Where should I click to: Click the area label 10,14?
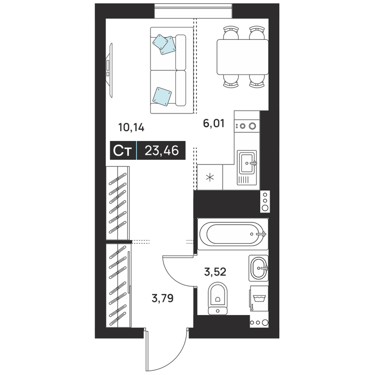pyautogui.click(x=131, y=127)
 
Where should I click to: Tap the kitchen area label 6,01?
pyautogui.click(x=214, y=124)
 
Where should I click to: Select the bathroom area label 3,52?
pyautogui.click(x=215, y=272)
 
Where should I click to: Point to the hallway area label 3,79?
pyautogui.click(x=163, y=298)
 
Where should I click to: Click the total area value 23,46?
pyautogui.click(x=162, y=150)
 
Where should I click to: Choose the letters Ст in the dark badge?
pyautogui.click(x=122, y=150)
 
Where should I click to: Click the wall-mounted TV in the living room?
pyautogui.click(x=109, y=70)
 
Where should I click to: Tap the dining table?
pyautogui.click(x=242, y=57)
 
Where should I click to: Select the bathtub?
pyautogui.click(x=232, y=234)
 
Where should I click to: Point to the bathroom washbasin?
pyautogui.click(x=258, y=268)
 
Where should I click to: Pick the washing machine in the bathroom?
pyautogui.click(x=259, y=299)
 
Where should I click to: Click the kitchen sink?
pyautogui.click(x=247, y=168)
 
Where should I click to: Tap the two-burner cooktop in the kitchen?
pyautogui.click(x=247, y=126)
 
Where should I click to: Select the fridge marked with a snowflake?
pyautogui.click(x=210, y=177)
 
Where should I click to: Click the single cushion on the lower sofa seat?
pyautogui.click(x=162, y=97)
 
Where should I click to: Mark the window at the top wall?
pyautogui.click(x=193, y=11)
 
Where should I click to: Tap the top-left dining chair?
pyautogui.click(x=231, y=33)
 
